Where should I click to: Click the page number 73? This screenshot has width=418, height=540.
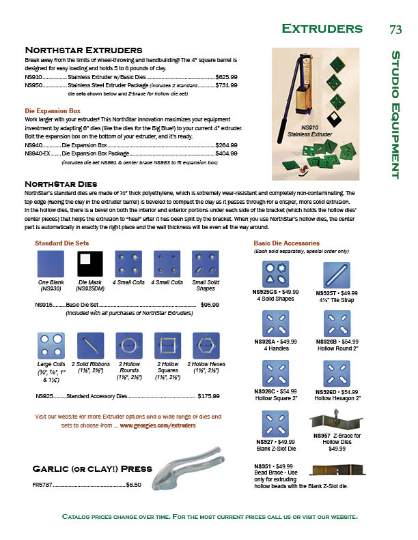pos(395,29)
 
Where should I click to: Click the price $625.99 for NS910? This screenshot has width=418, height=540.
pos(226,78)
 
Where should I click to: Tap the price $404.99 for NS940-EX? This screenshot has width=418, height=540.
pos(226,154)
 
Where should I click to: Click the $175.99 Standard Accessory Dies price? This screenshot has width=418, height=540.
pos(208,395)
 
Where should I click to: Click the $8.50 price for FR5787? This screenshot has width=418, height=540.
pos(133,485)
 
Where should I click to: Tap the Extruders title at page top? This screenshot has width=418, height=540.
pos(322,29)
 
